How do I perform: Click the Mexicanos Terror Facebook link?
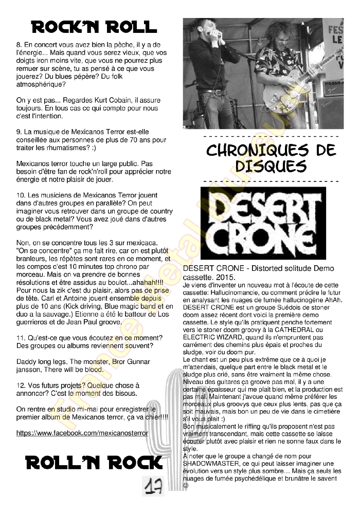point(82,433)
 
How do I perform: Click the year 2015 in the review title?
point(225,277)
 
